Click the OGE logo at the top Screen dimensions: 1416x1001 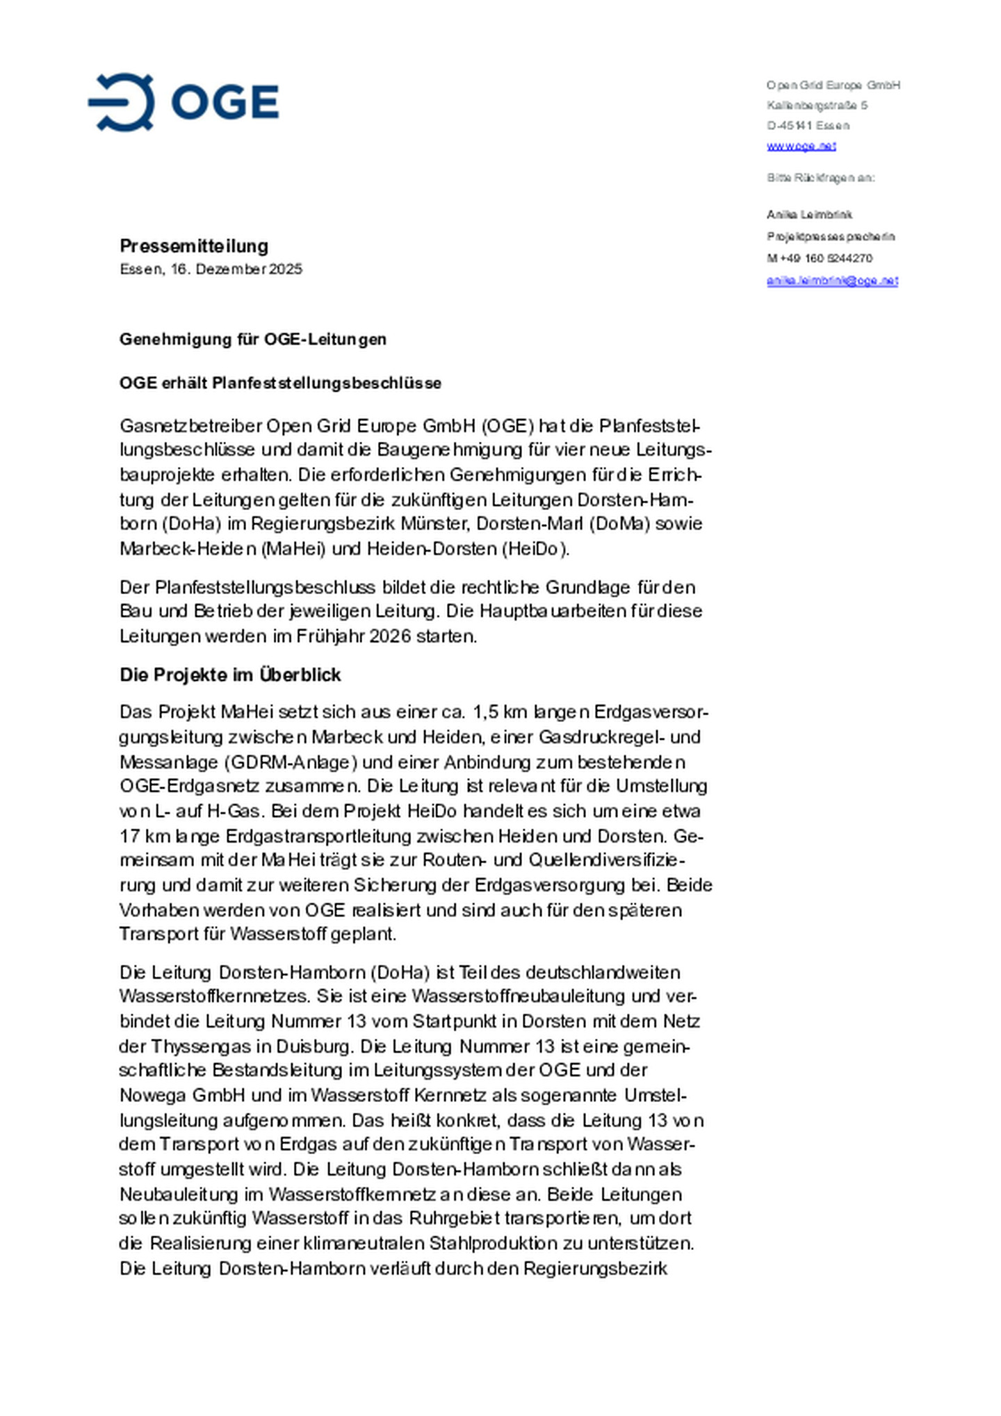[x=184, y=102]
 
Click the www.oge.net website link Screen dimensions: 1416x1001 [x=801, y=146]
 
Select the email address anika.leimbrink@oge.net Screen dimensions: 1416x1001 [x=832, y=281]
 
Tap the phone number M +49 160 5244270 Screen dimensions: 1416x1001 [x=820, y=258]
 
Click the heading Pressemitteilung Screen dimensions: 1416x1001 [x=194, y=246]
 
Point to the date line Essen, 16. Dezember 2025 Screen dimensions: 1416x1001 [x=211, y=269]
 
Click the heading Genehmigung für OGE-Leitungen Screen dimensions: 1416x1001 [x=253, y=339]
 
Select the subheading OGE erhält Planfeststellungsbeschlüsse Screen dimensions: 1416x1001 [x=280, y=383]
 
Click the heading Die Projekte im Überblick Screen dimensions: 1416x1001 [x=230, y=675]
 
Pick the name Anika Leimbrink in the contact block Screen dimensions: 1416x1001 [x=809, y=215]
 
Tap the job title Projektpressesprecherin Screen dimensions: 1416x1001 [x=831, y=237]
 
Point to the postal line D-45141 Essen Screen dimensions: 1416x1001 [x=808, y=126]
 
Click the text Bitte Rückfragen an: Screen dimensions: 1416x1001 [x=820, y=178]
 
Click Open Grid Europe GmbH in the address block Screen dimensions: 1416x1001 [x=833, y=85]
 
